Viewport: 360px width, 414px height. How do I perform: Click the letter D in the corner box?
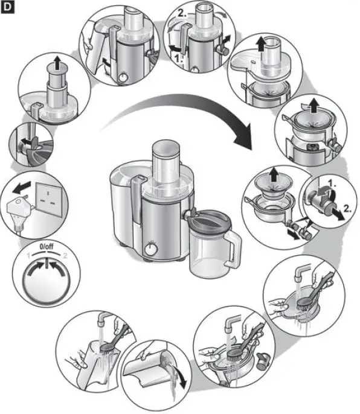[7, 7]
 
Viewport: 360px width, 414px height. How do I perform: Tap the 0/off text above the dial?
[47, 247]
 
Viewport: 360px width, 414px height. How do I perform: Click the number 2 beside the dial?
[65, 256]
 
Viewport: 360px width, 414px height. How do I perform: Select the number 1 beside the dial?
[28, 256]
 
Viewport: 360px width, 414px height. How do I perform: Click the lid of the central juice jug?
[210, 218]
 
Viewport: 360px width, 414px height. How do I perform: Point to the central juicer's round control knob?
[151, 249]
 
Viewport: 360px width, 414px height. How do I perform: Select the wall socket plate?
[49, 200]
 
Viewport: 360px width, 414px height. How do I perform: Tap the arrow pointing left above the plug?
[22, 188]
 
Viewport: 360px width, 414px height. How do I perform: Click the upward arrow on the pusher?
[57, 63]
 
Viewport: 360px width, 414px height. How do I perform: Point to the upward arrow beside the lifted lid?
[261, 44]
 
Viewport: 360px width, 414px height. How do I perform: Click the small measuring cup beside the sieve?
[263, 361]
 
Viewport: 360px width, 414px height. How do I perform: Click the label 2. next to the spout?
[347, 209]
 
